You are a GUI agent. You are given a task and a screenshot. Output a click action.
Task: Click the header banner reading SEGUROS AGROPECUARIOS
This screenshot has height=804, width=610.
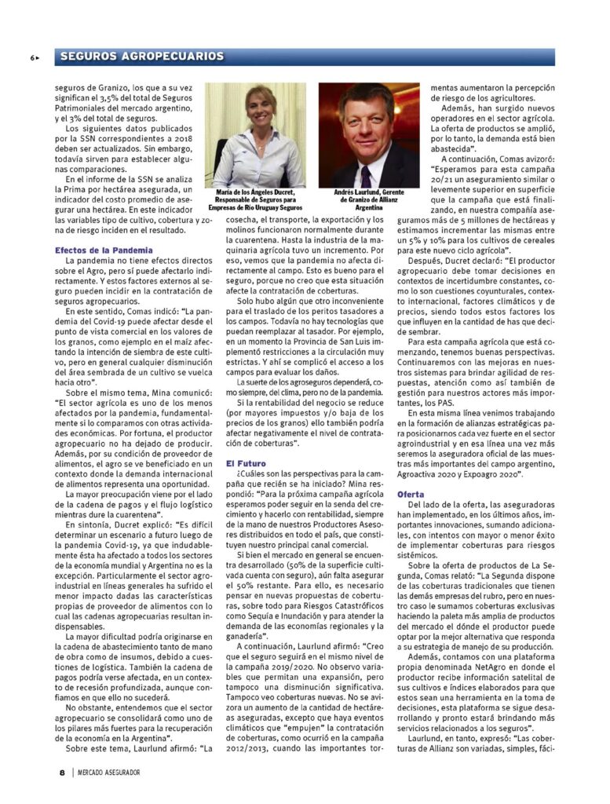pos(141,57)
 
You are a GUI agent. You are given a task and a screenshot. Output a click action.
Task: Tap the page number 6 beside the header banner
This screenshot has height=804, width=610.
pos(33,57)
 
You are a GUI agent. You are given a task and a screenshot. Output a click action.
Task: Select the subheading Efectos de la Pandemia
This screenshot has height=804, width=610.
pos(104,250)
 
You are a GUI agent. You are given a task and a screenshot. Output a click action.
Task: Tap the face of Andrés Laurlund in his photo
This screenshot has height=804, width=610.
pos(366,125)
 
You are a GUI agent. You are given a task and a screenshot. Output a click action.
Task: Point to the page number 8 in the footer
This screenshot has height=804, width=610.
pos(62,773)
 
